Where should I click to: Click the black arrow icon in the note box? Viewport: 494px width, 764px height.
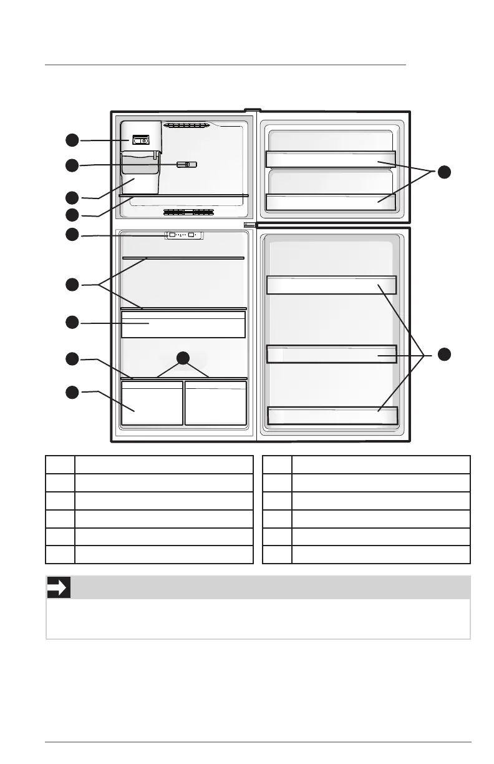point(59,587)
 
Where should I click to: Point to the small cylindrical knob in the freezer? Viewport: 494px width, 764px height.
point(186,164)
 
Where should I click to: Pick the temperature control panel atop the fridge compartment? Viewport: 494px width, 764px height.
point(183,235)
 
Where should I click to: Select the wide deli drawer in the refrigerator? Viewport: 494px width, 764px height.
point(183,324)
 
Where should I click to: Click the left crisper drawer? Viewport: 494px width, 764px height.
point(152,403)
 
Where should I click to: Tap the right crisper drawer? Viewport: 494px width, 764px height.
point(216,403)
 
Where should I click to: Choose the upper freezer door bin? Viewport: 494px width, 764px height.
point(331,159)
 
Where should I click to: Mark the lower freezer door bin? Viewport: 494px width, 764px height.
point(331,202)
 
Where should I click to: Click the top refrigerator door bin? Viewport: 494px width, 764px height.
point(331,285)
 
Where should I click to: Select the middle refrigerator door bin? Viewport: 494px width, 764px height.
point(331,354)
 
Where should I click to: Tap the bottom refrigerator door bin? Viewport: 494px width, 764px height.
point(332,415)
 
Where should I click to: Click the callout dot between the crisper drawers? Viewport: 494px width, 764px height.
point(183,358)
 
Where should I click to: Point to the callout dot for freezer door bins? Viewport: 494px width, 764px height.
point(443,172)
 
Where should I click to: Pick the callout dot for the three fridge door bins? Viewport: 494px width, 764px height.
point(443,354)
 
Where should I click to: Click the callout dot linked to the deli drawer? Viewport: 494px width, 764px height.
point(72,322)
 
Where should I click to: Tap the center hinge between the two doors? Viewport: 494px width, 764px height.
point(250,224)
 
